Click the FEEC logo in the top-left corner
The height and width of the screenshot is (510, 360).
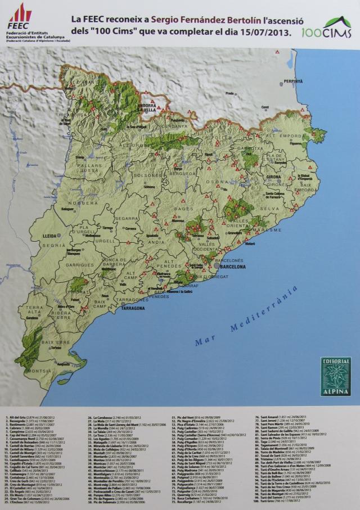(20, 16)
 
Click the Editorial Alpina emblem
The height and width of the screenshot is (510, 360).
(335, 376)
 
